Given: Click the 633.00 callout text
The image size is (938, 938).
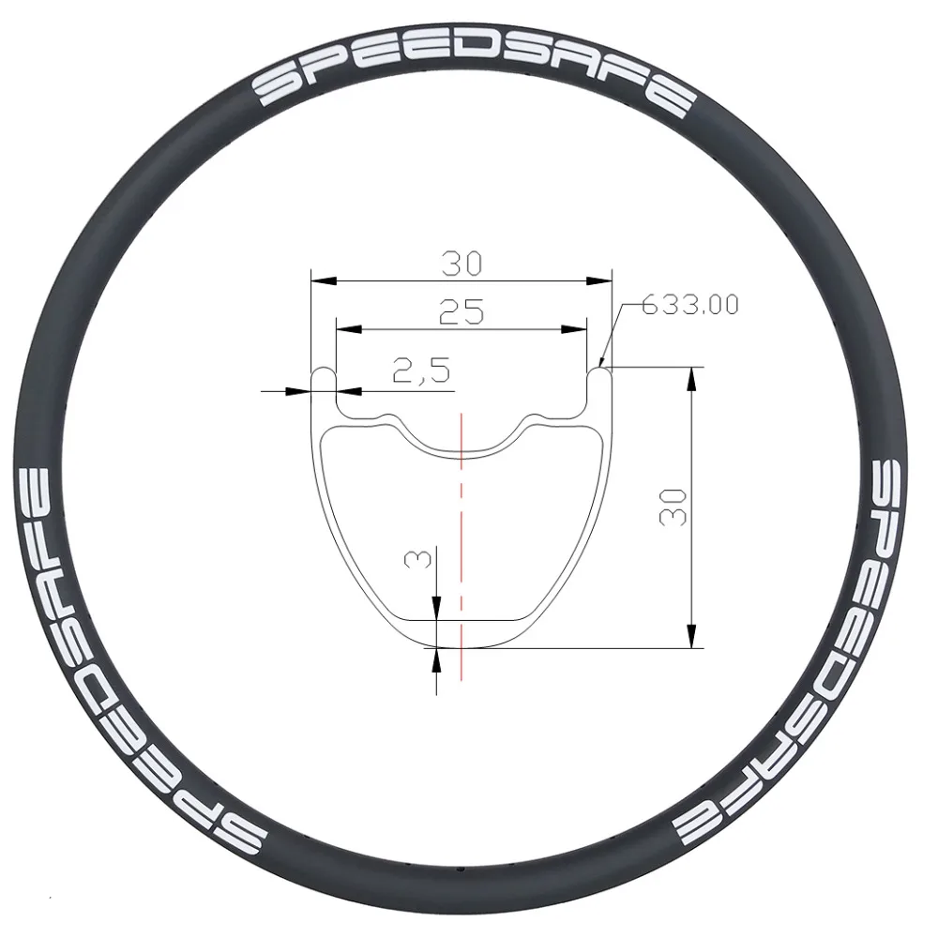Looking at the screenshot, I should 689,305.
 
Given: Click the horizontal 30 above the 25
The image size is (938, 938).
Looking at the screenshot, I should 461,264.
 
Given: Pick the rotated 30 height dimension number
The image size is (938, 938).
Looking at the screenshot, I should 674,507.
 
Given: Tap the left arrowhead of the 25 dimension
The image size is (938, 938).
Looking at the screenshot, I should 343,328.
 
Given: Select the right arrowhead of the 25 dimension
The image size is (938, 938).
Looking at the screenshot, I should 581,328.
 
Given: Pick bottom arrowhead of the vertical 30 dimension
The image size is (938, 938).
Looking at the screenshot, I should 691,639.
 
